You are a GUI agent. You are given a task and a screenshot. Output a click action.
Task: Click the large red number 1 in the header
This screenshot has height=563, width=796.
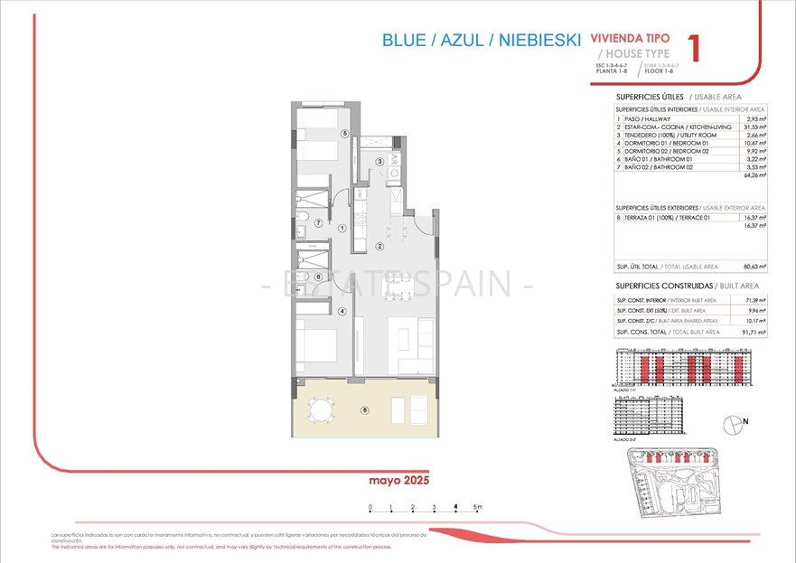(694, 48)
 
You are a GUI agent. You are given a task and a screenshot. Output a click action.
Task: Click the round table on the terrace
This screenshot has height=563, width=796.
(321, 411)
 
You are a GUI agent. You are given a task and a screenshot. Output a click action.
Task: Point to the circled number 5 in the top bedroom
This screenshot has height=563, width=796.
(344, 133)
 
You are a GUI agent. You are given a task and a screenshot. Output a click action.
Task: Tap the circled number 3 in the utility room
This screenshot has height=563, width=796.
(380, 162)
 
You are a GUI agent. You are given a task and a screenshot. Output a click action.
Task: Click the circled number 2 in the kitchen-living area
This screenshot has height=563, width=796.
(380, 246)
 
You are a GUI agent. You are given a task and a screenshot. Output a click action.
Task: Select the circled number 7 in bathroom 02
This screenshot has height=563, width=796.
(318, 222)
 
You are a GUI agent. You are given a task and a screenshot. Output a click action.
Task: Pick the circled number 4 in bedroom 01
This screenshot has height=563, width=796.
(342, 312)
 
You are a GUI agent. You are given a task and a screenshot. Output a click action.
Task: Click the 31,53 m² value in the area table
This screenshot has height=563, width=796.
(754, 127)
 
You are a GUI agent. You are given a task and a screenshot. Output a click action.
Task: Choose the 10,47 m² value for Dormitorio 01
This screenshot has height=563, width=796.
(754, 143)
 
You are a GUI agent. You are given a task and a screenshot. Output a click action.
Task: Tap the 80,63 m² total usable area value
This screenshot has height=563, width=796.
(754, 267)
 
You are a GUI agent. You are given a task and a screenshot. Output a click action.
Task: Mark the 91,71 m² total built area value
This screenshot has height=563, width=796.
(754, 332)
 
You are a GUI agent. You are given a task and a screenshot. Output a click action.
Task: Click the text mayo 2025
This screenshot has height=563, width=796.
(398, 480)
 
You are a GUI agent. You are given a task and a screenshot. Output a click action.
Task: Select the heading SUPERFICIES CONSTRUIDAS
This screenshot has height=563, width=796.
(648, 285)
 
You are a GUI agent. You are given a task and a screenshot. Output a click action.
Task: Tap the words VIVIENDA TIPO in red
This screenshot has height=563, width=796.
(630, 39)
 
